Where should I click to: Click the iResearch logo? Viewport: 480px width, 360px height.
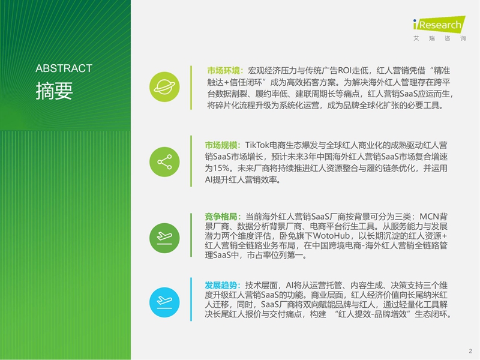pyautogui.click(x=439, y=25)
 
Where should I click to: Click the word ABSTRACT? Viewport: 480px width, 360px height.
pyautogui.click(x=64, y=68)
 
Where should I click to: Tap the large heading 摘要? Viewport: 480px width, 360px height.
pyautogui.click(x=54, y=91)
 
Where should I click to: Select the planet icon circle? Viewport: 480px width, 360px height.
pyautogui.click(x=164, y=87)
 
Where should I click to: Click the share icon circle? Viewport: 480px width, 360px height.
pyautogui.click(x=164, y=162)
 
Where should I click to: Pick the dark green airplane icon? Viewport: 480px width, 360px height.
pyautogui.click(x=164, y=238)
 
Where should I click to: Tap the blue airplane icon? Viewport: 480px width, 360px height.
pyautogui.click(x=164, y=302)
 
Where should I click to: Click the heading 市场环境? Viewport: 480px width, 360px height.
pyautogui.click(x=223, y=71)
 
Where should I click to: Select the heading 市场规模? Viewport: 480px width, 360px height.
pyautogui.click(x=221, y=145)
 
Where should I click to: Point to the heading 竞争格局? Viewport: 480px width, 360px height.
pyautogui.click(x=221, y=217)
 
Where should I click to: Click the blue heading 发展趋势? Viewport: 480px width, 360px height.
pyautogui.click(x=221, y=286)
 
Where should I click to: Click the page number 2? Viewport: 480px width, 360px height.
pyautogui.click(x=470, y=351)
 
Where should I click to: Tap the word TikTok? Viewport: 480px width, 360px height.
pyautogui.click(x=257, y=145)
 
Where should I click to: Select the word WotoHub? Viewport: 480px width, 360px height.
pyautogui.click(x=331, y=236)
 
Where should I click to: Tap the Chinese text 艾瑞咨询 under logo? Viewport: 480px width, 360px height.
pyautogui.click(x=440, y=38)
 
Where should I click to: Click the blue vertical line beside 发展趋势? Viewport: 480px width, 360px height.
pyautogui.click(x=191, y=299)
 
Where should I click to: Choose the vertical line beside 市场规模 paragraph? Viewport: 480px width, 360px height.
pyautogui.click(x=191, y=161)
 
